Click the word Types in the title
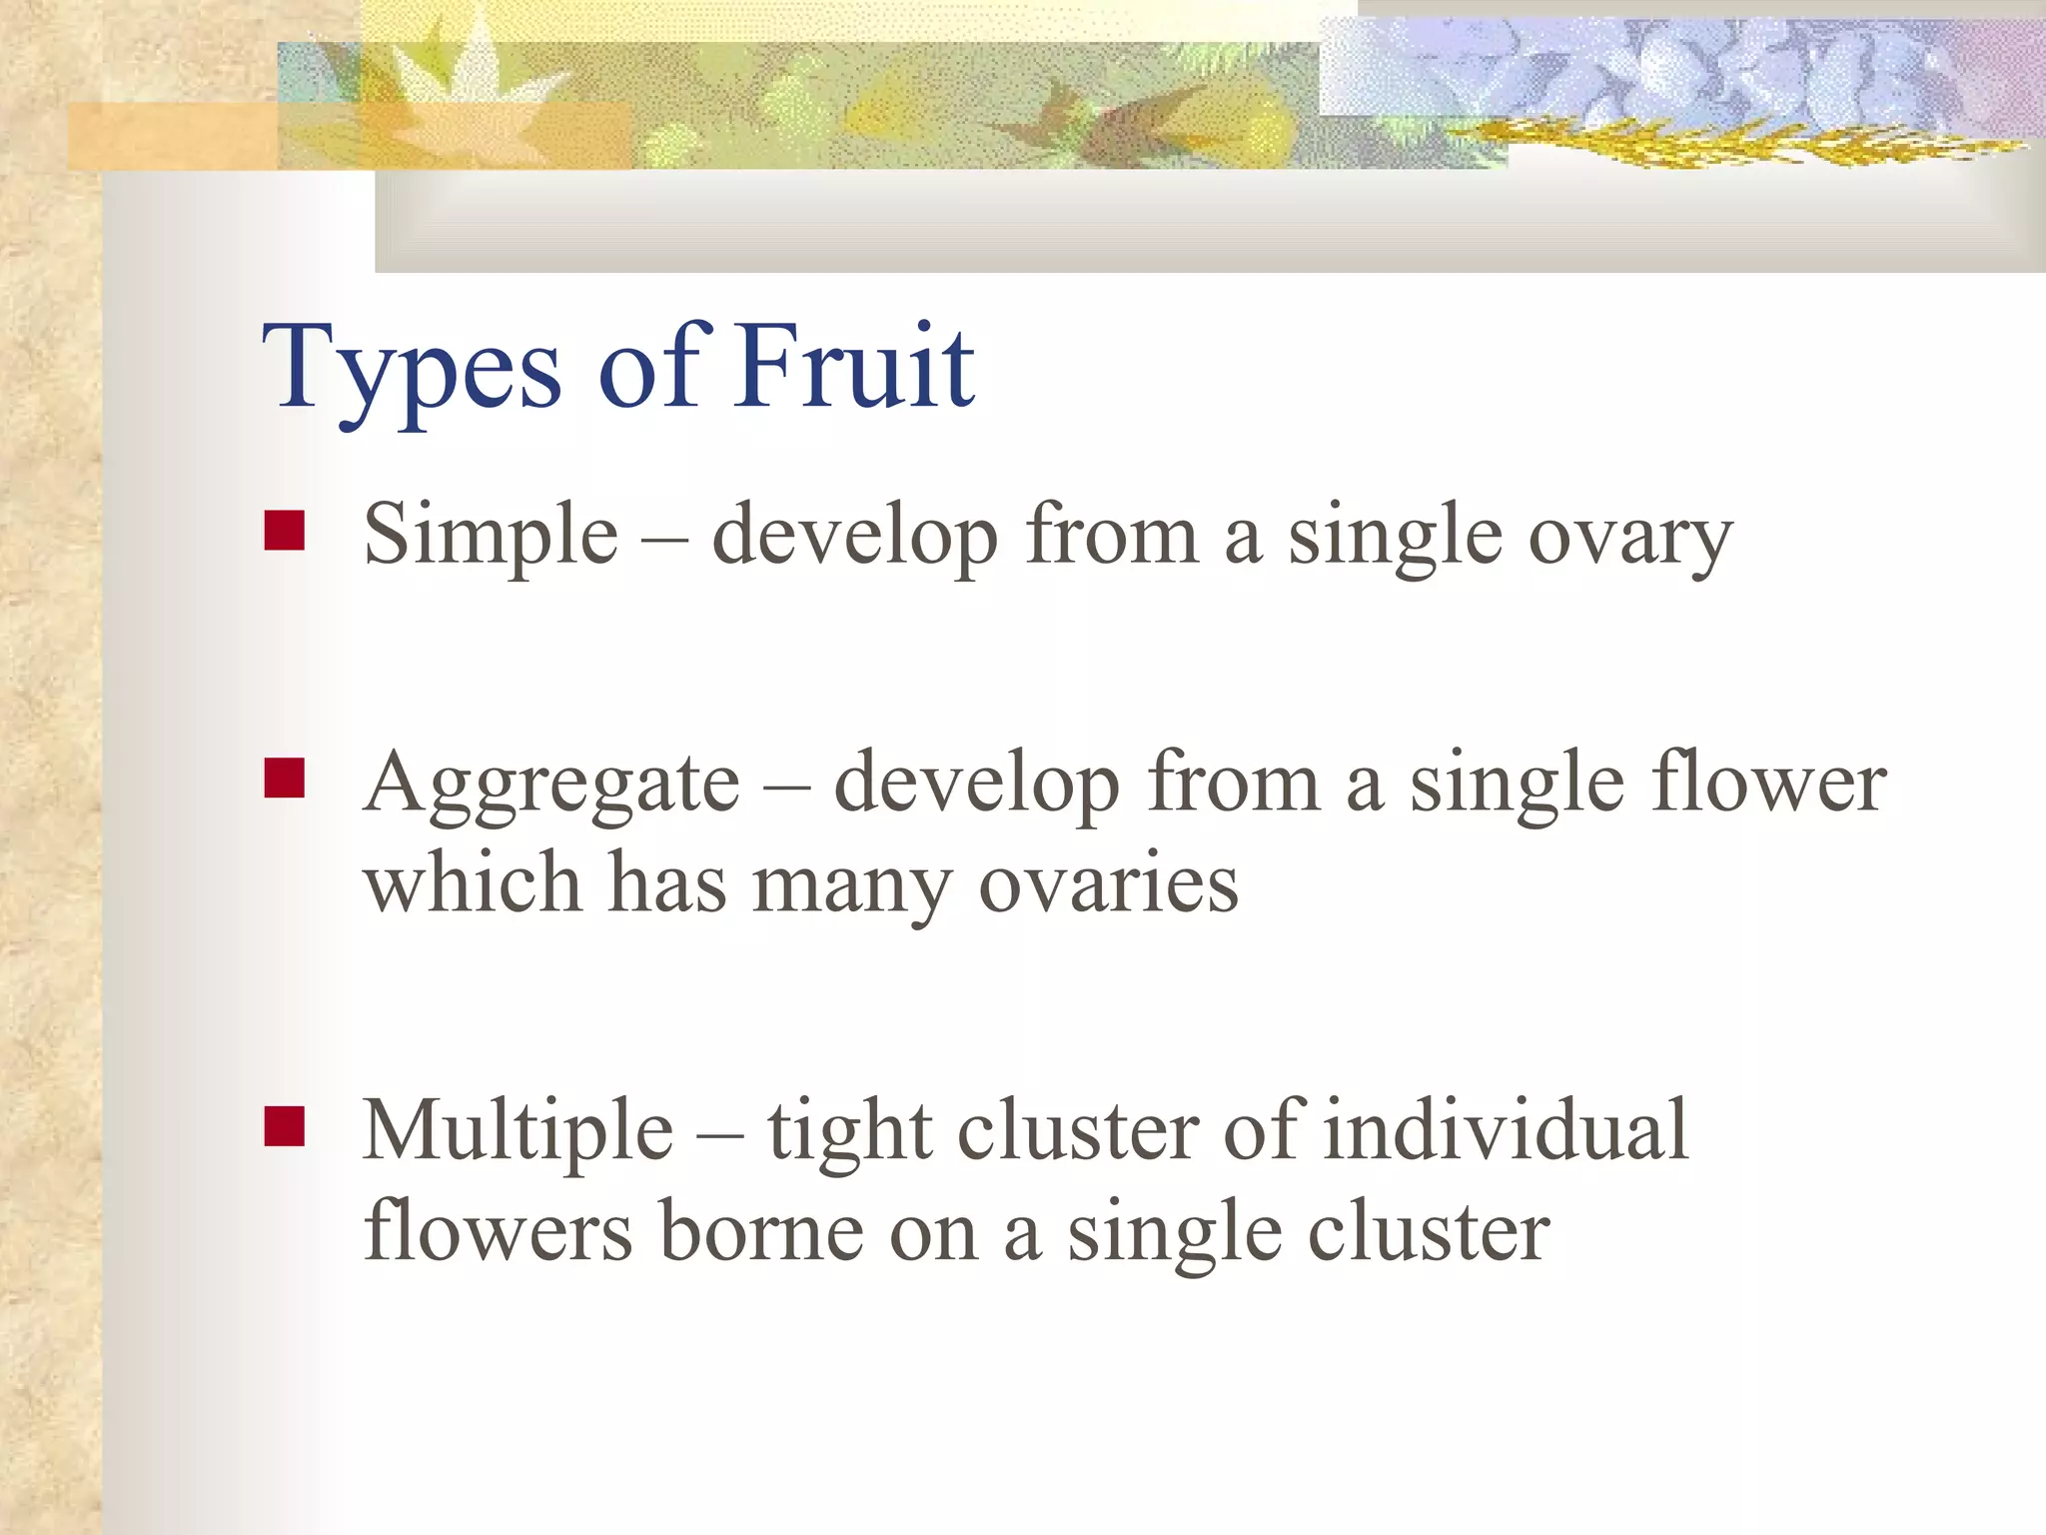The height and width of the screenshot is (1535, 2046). (412, 370)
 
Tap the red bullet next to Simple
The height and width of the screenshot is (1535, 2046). (284, 532)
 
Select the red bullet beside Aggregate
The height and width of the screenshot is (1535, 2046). (284, 777)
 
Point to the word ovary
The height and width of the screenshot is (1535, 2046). (1630, 540)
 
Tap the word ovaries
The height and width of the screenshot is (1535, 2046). (1108, 885)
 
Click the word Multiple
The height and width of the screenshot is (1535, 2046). (517, 1132)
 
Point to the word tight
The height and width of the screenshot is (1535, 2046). (849, 1132)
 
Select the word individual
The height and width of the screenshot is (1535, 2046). (1506, 1129)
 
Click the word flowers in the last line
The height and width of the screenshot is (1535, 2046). (498, 1231)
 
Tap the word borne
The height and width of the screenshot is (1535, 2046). (761, 1231)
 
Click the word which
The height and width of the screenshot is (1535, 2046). (473, 883)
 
